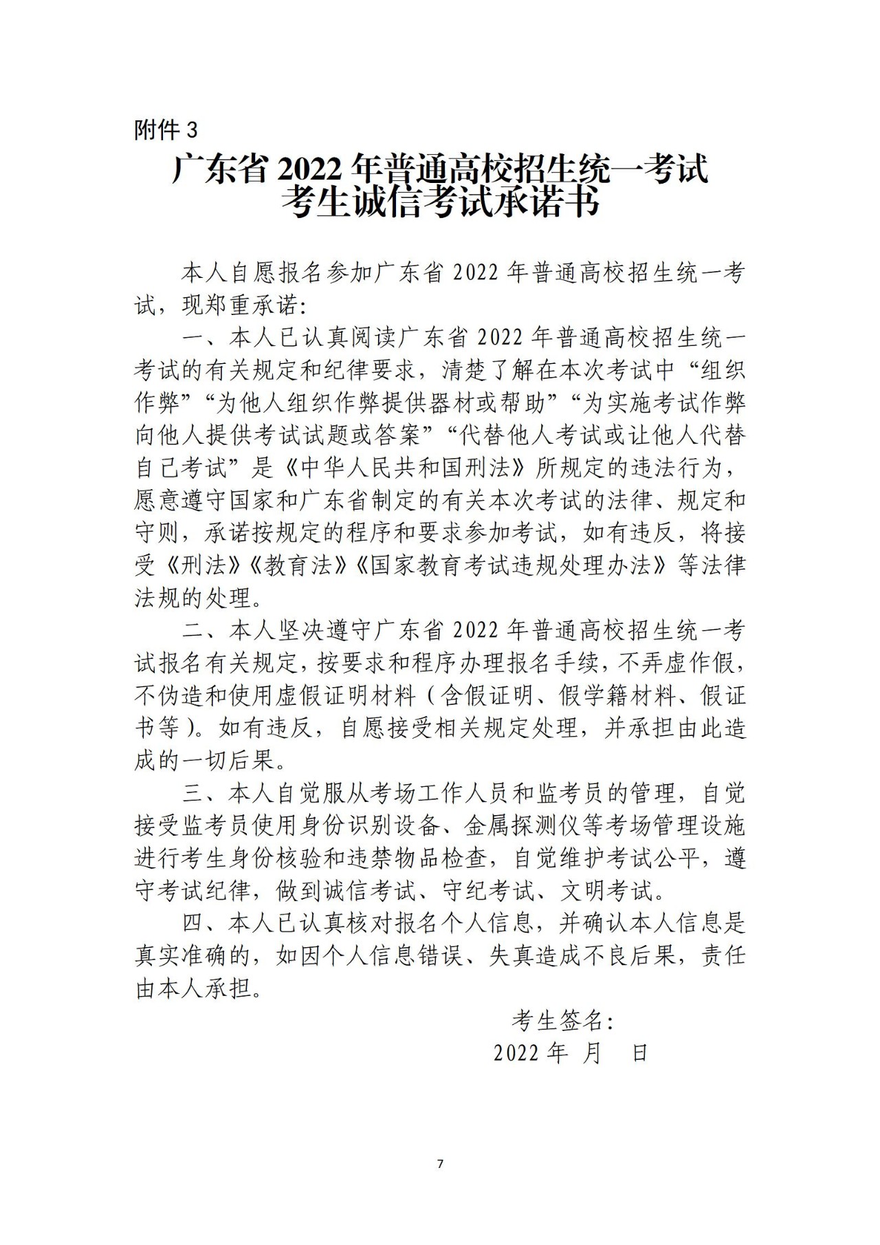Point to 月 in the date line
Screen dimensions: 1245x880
(x=592, y=1053)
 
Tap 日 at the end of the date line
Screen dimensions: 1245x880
(x=639, y=1053)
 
